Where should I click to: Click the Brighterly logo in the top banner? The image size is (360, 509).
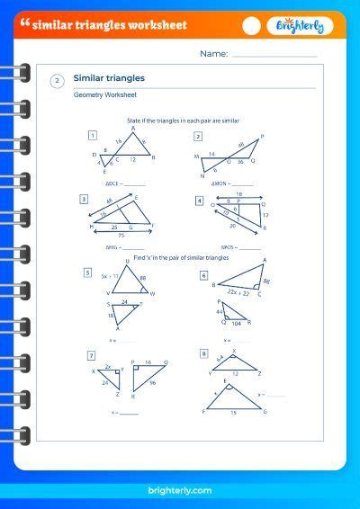coord(300,26)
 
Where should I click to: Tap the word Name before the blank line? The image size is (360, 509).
coord(213,54)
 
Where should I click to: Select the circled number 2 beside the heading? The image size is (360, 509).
coord(58,81)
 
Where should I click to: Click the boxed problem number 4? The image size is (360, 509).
coord(199,200)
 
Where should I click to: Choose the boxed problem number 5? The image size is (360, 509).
coord(87,272)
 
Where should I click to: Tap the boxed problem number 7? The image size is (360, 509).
coord(91,355)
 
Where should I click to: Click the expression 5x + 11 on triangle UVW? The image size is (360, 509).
coord(112,276)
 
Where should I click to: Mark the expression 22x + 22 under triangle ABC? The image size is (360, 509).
coord(239,292)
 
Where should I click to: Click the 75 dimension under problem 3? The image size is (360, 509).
coord(121,234)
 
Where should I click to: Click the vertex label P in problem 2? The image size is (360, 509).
coord(261,138)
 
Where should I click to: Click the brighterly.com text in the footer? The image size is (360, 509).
coord(179,490)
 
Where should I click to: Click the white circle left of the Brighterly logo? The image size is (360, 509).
coord(252,26)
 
